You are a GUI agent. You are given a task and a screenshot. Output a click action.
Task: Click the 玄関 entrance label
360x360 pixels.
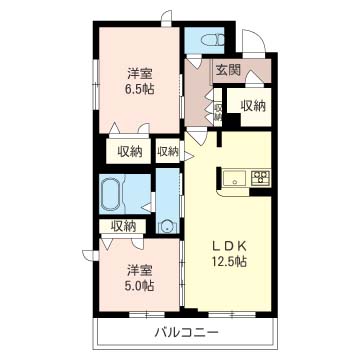(x=227, y=70)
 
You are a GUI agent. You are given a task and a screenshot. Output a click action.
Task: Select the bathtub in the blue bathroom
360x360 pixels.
(x=112, y=192)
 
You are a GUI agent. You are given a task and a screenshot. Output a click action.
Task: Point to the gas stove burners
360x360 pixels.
(x=259, y=179)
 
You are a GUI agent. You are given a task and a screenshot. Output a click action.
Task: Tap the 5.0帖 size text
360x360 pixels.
(x=139, y=285)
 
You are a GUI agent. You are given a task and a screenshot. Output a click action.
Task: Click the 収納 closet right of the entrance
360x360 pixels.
(x=251, y=104)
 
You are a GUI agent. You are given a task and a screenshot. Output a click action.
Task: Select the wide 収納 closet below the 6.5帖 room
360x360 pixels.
(x=129, y=151)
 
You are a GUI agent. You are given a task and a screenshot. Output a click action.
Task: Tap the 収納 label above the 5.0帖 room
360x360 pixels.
(x=123, y=226)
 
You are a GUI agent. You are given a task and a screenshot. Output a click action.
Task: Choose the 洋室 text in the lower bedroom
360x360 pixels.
(x=139, y=268)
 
